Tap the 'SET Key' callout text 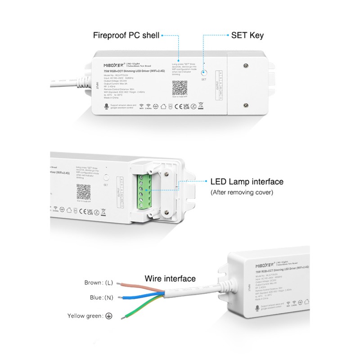tap(247, 35)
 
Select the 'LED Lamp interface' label tap(247, 182)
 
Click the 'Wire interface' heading tap(170, 279)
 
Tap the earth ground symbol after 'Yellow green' tap(109, 316)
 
